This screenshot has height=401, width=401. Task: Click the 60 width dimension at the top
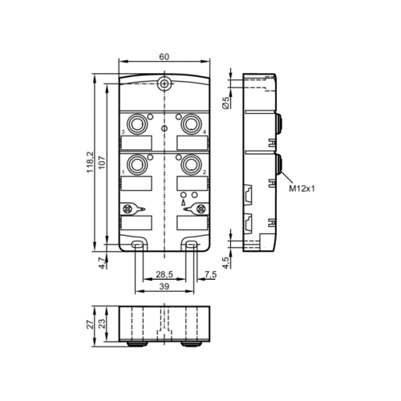[x=164, y=57]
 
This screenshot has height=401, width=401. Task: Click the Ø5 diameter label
[x=226, y=103]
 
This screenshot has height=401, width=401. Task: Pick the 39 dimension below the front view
[x=164, y=287]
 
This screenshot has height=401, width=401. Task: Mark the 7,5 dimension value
[x=210, y=275]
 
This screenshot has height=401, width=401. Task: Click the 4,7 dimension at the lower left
[x=101, y=261]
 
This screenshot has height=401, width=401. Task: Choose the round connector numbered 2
[x=191, y=163]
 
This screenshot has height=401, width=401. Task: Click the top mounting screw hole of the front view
[x=164, y=84]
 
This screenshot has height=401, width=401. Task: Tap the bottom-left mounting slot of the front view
[x=138, y=244]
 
